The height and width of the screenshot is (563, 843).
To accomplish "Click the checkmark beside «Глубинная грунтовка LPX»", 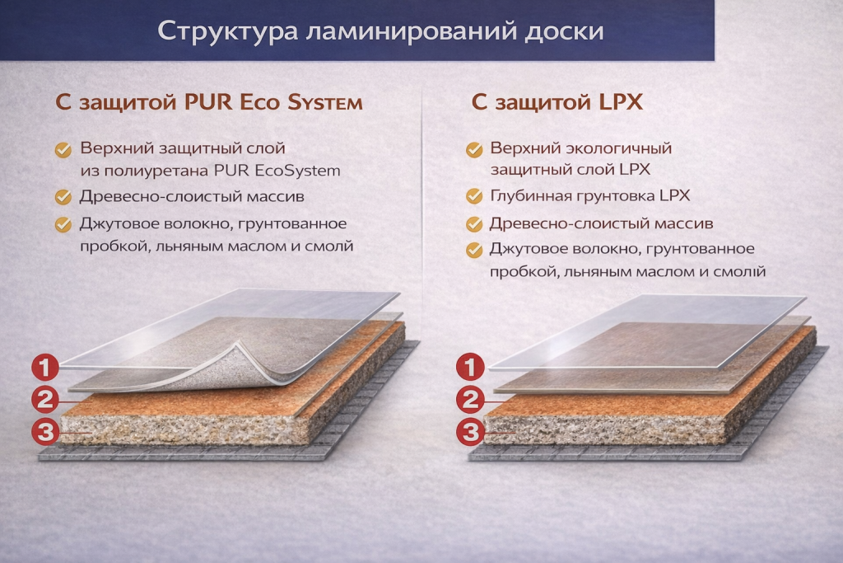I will pyautogui.click(x=474, y=196).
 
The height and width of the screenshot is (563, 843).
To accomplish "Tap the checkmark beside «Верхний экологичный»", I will pyautogui.click(x=474, y=149).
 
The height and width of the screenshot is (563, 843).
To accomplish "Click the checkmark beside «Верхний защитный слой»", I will pyautogui.click(x=63, y=149).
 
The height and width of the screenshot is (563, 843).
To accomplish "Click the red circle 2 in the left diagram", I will pyautogui.click(x=47, y=400).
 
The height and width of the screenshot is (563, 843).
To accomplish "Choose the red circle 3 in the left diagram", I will pyautogui.click(x=47, y=430).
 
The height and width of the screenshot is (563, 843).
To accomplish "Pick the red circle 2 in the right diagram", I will pyautogui.click(x=471, y=400).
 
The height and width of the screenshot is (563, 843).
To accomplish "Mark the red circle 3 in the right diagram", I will pyautogui.click(x=471, y=430).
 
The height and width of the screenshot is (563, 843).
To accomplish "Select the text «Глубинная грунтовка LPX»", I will pyautogui.click(x=589, y=196).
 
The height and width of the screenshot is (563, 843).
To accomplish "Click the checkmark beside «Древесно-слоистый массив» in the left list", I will pyautogui.click(x=63, y=197).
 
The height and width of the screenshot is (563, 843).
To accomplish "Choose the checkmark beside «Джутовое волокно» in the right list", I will pyautogui.click(x=474, y=250).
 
